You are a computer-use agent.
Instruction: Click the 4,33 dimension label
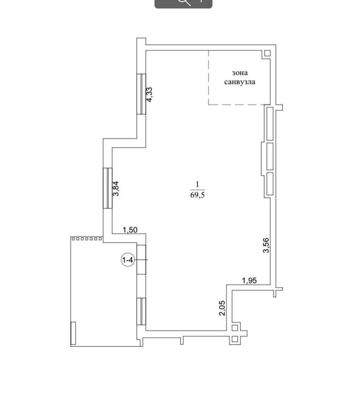[149, 94]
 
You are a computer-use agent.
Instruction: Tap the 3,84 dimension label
[115, 189]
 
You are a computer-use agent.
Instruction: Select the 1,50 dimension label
[130, 230]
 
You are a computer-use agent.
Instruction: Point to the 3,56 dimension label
[266, 245]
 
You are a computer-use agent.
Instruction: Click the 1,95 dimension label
[250, 280]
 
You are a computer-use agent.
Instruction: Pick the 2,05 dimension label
[222, 308]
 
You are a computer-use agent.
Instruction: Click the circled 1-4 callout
[128, 260]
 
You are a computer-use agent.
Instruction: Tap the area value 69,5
[197, 195]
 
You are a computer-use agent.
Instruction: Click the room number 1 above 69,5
[197, 184]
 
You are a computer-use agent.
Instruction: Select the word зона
[239, 73]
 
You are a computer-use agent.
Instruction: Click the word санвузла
[239, 82]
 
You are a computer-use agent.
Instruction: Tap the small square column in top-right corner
[267, 53]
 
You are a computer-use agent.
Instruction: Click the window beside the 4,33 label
[141, 94]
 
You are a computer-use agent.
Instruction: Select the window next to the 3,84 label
[108, 188]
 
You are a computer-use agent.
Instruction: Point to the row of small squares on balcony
[87, 239]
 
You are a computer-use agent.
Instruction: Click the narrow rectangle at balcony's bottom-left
[73, 333]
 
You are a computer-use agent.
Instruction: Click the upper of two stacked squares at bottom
[235, 328]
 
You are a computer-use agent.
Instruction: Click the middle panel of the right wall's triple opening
[270, 156]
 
